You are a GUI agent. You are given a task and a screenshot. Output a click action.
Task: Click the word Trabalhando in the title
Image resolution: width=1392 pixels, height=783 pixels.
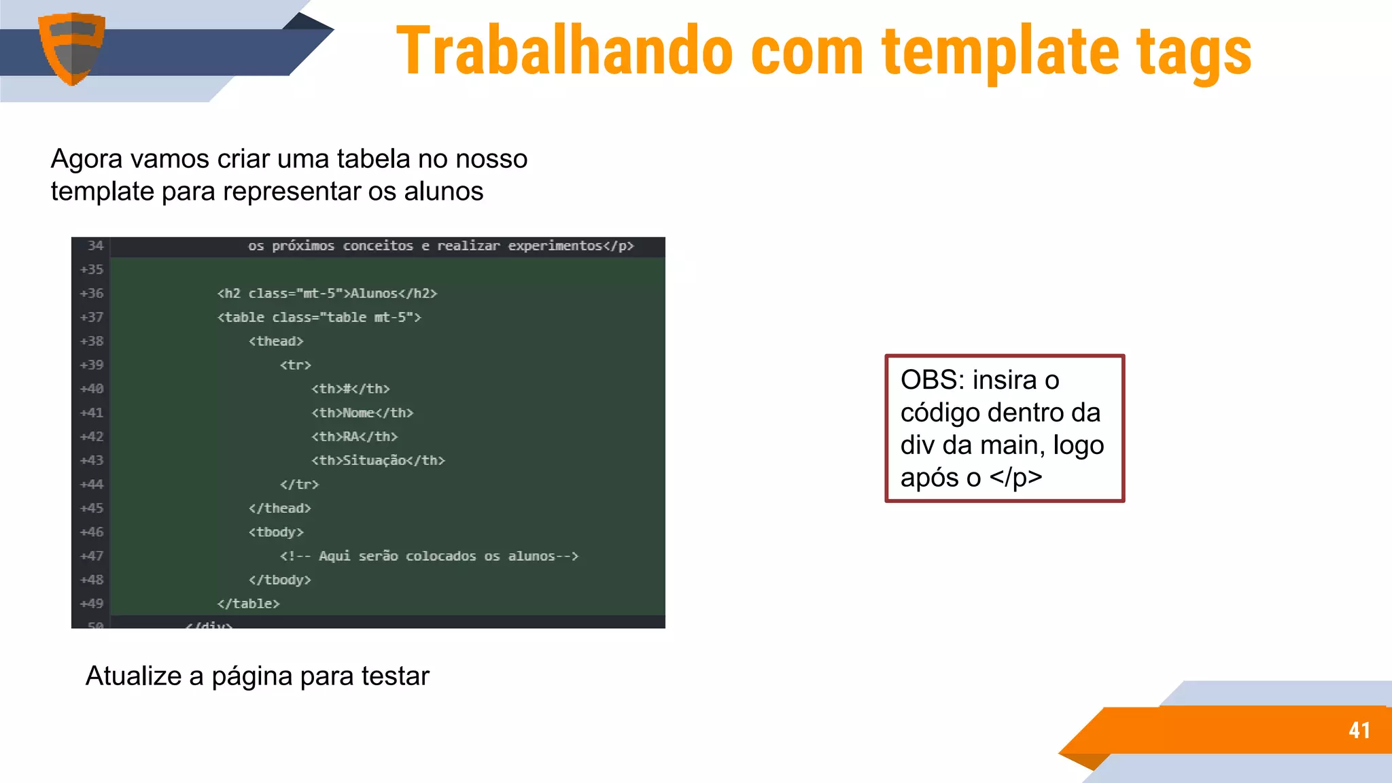tap(564, 51)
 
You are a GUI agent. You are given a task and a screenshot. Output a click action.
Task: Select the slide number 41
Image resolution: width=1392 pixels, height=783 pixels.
tap(1359, 730)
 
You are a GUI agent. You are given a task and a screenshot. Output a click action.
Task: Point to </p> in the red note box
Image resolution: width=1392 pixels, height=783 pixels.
tap(1015, 477)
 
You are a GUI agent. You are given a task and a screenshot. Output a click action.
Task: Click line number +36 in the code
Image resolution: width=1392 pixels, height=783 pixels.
tap(92, 293)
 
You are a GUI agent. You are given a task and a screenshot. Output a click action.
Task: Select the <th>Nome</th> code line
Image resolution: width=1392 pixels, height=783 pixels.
tap(362, 413)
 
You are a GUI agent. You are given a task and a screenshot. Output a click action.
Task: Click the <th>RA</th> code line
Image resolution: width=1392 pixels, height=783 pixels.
tap(354, 436)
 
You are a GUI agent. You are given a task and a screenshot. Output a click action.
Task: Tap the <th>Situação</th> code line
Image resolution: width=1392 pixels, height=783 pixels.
tap(378, 460)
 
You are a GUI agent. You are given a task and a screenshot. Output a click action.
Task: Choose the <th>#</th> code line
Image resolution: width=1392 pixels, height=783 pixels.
tap(350, 389)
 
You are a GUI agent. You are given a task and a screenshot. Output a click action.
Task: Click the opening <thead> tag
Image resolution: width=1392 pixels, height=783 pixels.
tap(275, 341)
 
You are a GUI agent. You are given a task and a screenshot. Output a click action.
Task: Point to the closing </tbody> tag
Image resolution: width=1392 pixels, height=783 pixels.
tap(279, 580)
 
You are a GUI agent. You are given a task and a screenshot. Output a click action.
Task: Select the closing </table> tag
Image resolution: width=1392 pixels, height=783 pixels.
tap(248, 604)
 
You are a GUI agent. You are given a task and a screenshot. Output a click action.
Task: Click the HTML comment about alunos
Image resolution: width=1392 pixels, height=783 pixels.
tap(428, 556)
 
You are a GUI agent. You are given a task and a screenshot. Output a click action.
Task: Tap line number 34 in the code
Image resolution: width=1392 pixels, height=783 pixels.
tap(95, 245)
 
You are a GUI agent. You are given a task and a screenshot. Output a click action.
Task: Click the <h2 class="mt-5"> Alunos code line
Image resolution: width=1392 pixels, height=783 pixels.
tap(327, 293)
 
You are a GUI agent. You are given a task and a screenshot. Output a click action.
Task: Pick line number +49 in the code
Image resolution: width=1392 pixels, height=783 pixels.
tap(92, 604)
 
